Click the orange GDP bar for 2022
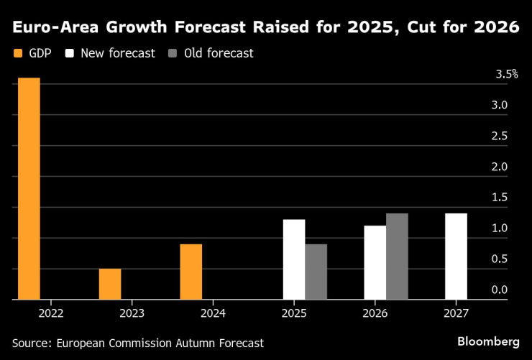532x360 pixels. point(29,188)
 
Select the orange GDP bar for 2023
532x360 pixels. point(110,284)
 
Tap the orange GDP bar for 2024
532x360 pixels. point(191,272)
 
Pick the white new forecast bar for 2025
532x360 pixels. point(294,259)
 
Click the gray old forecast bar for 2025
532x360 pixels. point(316,272)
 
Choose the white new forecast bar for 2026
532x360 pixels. point(375,262)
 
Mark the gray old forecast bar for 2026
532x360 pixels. point(397,256)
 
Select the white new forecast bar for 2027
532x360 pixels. point(456,256)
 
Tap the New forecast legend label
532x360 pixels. point(118,53)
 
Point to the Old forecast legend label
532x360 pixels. point(219,53)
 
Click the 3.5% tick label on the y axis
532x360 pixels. point(506,75)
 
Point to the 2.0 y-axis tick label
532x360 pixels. point(499,167)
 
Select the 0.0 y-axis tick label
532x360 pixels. point(499,290)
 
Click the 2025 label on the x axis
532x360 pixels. point(294,313)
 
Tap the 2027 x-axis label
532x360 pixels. point(456,313)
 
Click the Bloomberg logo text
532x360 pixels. point(488,340)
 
